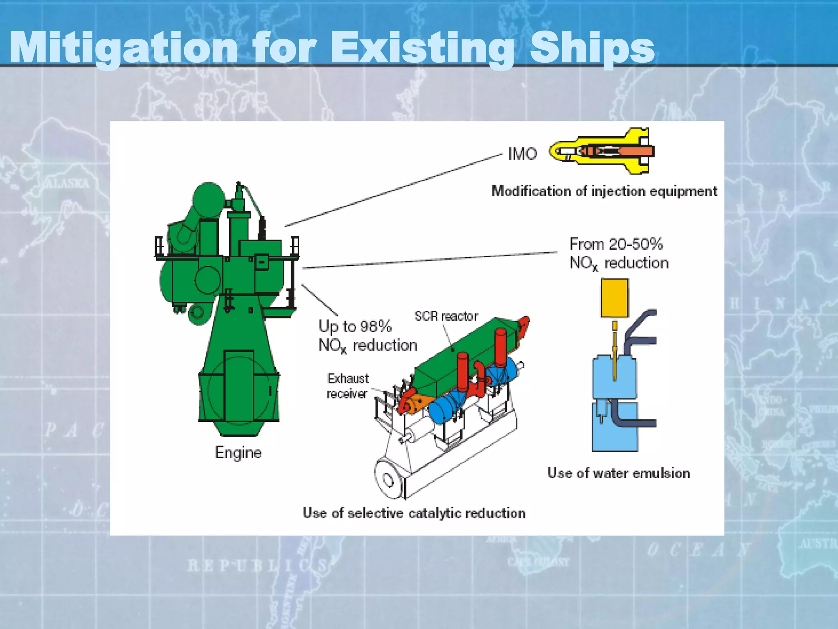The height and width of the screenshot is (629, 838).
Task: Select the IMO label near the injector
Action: click(522, 154)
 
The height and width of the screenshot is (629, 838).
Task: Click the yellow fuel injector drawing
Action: click(601, 151)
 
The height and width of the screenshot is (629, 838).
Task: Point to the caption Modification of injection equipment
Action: click(604, 191)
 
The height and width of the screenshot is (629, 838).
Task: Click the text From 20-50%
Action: click(616, 244)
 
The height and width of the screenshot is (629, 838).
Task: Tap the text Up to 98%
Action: click(355, 326)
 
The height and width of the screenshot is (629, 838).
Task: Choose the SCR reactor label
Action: click(446, 316)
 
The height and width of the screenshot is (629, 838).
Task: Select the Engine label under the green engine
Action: click(238, 453)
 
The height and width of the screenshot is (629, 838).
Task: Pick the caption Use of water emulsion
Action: click(619, 473)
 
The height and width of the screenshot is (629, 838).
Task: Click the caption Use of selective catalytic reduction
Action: click(414, 513)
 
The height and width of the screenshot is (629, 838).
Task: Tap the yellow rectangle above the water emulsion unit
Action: click(615, 298)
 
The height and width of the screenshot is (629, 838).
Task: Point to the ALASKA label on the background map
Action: click(68, 183)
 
